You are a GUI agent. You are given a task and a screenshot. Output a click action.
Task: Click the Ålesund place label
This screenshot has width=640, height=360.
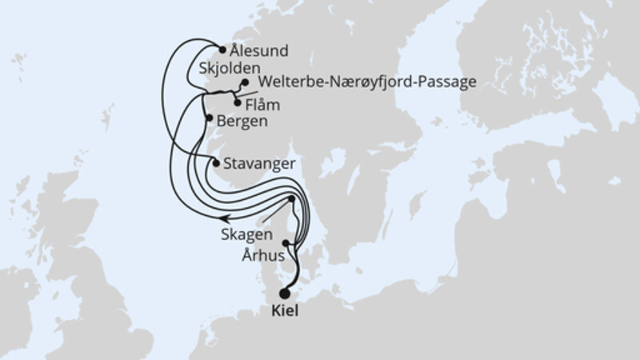tap(258, 50)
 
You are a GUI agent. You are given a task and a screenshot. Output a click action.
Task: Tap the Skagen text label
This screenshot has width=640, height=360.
tap(249, 236)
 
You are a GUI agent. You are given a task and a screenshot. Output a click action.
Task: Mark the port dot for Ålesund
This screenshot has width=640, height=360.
tap(222, 49)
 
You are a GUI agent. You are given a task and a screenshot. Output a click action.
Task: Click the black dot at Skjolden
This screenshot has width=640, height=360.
tap(243, 82)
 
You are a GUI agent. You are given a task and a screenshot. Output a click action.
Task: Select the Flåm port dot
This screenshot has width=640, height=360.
tap(238, 102)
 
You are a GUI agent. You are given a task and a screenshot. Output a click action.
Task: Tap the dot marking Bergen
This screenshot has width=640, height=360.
tap(210, 118)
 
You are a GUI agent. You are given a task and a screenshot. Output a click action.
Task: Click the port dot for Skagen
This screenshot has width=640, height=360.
tap(292, 198)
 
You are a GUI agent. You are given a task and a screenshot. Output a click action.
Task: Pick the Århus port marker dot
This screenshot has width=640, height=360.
tap(286, 242)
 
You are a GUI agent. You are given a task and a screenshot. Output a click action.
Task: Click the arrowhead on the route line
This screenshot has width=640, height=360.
tap(226, 216)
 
